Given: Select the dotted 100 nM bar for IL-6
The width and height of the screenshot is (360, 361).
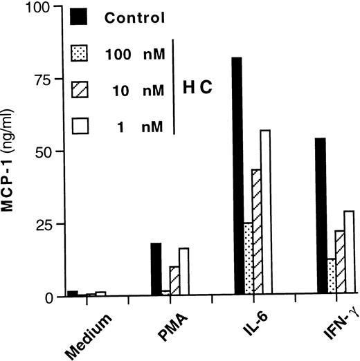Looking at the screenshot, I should tap(247, 259).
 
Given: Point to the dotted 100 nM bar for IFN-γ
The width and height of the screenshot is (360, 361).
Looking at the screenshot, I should tap(331, 277).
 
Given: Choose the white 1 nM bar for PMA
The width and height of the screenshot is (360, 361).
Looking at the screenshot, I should tap(183, 272).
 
